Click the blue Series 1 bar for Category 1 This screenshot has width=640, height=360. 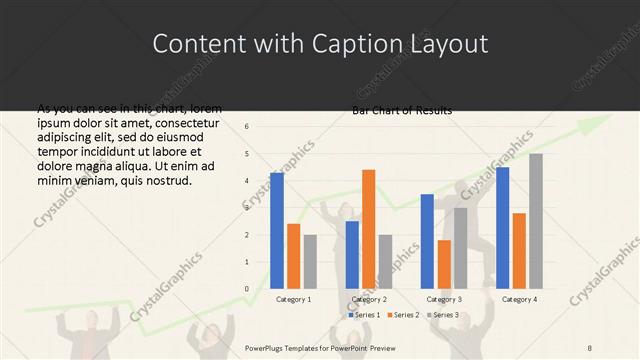coord(276,230)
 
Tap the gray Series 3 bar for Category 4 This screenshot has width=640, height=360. coord(536,221)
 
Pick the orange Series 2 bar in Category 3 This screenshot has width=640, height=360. coord(444,264)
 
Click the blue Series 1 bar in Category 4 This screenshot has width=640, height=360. coord(502,227)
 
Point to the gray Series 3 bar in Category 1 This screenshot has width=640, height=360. coord(310,261)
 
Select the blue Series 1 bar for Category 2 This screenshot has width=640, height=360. coord(352,254)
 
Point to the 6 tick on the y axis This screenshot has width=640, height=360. coord(247,126)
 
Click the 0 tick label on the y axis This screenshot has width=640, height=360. coord(247,289)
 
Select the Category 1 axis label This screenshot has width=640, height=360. coord(293,299)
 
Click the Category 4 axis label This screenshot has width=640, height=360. coord(519,299)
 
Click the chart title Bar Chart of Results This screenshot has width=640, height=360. coord(401,110)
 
